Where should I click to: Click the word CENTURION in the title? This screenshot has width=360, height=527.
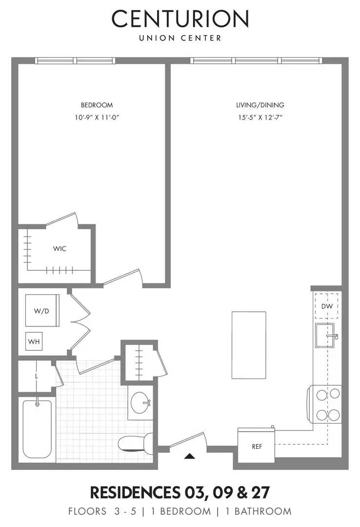point(180,19)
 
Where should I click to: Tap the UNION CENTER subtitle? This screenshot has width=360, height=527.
point(180,38)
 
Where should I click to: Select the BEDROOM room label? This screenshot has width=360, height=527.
point(97,105)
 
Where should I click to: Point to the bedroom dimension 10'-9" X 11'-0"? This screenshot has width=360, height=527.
point(97,117)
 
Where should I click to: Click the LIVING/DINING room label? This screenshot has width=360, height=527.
point(260,105)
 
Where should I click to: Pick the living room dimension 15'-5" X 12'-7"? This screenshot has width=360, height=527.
point(260,117)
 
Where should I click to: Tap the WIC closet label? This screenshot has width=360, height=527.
point(60,249)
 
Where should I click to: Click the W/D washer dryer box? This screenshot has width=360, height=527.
point(42,311)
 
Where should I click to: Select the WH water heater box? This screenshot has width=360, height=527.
point(34,342)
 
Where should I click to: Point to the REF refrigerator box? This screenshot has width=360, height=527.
point(257,446)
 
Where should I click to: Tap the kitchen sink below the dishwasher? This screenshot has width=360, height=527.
point(325,335)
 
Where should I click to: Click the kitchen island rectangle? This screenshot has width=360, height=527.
point(249,345)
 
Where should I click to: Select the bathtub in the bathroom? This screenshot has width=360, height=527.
point(37,429)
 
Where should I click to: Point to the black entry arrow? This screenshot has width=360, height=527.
point(190,456)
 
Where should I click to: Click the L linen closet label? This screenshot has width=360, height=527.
point(37,376)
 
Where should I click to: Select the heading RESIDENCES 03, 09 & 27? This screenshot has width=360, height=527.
point(180,492)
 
